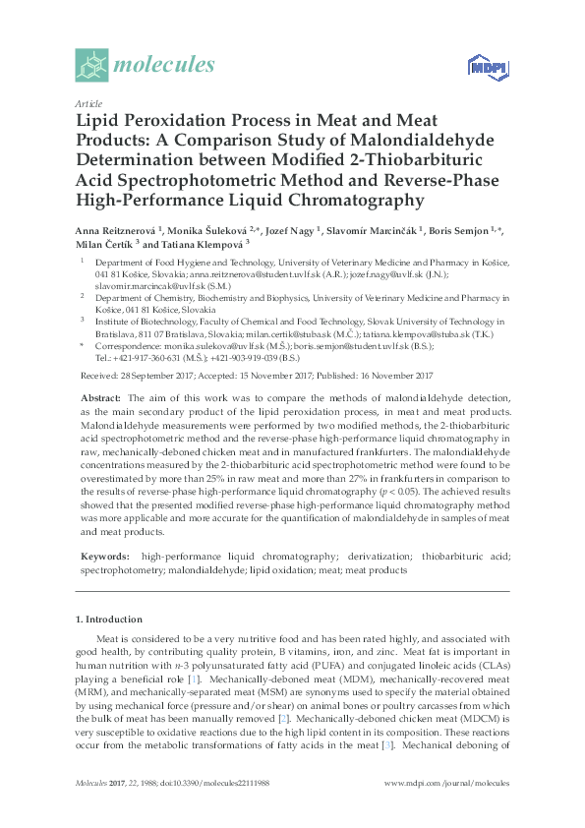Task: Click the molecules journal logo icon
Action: coord(91,65)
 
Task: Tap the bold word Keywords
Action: coord(104,557)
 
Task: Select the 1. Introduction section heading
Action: coord(108,620)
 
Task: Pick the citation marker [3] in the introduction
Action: coord(387,744)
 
